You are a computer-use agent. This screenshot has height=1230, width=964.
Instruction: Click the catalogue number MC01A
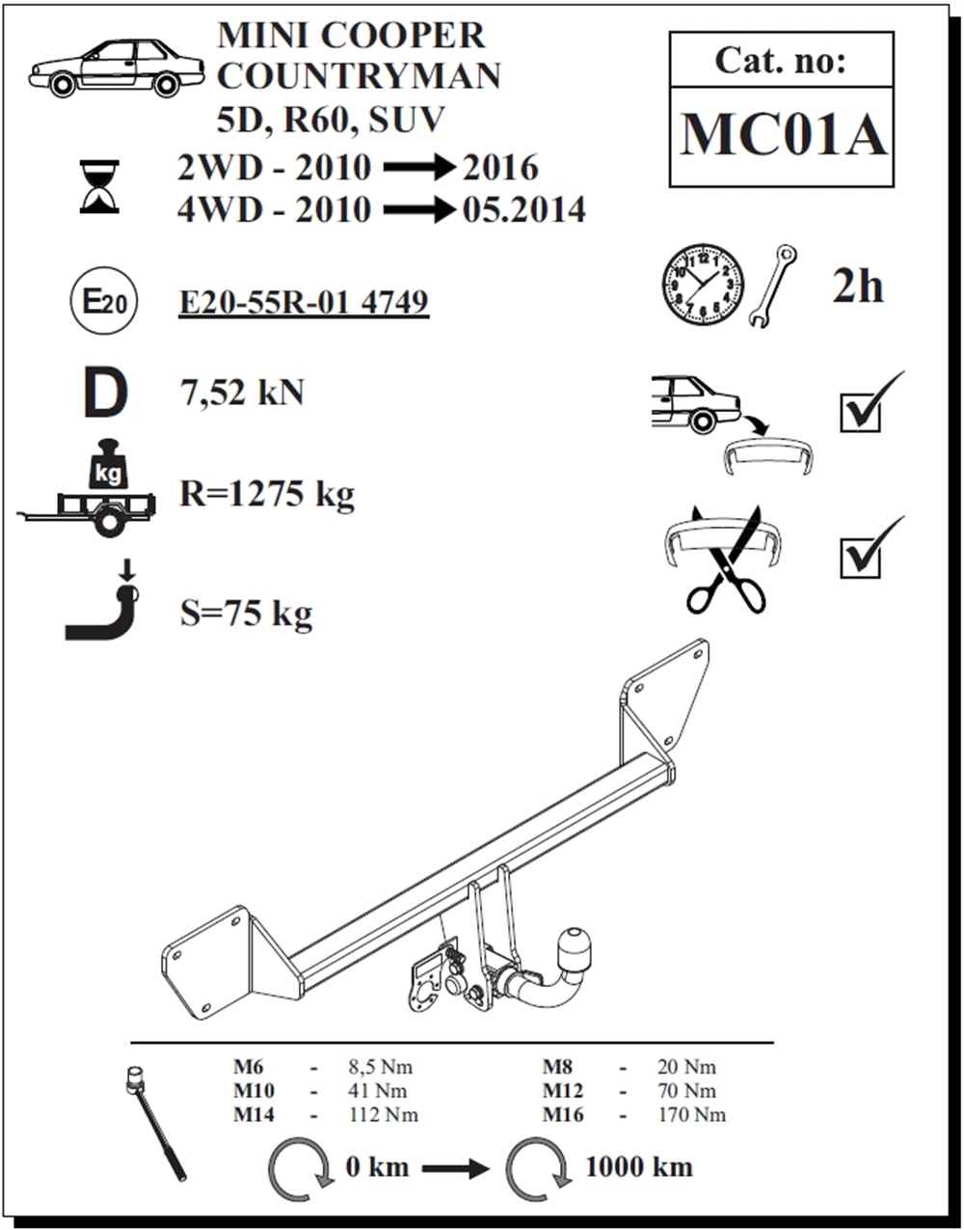point(784,135)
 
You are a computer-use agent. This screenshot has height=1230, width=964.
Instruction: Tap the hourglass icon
point(99,186)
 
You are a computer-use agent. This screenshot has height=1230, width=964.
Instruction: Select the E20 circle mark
point(104,301)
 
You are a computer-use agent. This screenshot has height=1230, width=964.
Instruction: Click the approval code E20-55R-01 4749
point(304,302)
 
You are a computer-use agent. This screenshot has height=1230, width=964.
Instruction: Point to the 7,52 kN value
point(242,392)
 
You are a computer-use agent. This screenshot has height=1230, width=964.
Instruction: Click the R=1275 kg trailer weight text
point(267,494)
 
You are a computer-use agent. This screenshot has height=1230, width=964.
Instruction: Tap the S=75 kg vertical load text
point(246,614)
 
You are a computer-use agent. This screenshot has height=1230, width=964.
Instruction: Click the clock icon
point(703,285)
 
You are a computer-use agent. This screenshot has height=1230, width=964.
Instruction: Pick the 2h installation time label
point(857,287)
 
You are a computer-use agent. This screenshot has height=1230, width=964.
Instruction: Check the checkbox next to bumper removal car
point(860,413)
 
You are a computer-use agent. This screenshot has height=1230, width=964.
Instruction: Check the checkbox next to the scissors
point(860,559)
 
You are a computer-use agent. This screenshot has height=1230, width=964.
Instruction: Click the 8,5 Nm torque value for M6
point(380,1067)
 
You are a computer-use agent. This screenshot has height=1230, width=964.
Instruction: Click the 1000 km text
point(639,1167)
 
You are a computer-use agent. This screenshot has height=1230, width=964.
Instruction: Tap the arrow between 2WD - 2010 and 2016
point(419,167)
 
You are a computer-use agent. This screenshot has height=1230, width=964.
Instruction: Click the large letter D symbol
point(106,393)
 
